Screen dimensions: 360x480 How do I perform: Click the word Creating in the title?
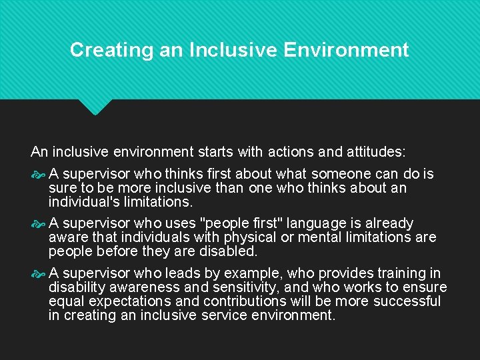[x=102, y=50]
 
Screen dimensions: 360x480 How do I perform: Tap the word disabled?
[x=233, y=251]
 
